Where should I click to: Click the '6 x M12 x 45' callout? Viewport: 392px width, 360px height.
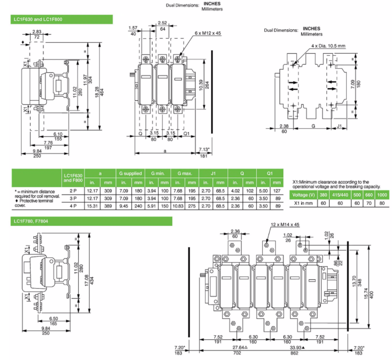pyautogui.click(x=208, y=33)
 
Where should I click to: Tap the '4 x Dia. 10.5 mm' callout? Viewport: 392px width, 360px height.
pyautogui.click(x=328, y=46)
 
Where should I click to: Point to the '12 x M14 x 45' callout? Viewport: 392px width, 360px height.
pyautogui.click(x=285, y=225)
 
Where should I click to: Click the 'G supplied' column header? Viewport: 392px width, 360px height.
pyautogui.click(x=130, y=173)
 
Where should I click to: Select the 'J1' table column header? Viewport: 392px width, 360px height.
pyautogui.click(x=213, y=173)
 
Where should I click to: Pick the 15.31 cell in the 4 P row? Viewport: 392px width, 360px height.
pyautogui.click(x=92, y=206)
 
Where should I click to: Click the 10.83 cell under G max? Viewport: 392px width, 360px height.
pyautogui.click(x=178, y=206)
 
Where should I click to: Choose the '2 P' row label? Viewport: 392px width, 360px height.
pyautogui.click(x=73, y=191)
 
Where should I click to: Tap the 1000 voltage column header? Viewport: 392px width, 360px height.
pyautogui.click(x=382, y=195)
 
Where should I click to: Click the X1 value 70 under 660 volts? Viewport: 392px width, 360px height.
pyautogui.click(x=369, y=203)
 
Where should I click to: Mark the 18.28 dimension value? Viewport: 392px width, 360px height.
pyautogui.click(x=97, y=92)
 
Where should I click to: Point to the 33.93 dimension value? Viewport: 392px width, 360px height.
pyautogui.click(x=296, y=348)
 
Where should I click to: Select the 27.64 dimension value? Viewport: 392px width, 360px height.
pyautogui.click(x=238, y=348)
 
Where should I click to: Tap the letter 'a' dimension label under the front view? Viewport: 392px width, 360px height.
pyautogui.click(x=165, y=150)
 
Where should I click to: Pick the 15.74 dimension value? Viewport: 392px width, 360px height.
pyautogui.click(x=366, y=293)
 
